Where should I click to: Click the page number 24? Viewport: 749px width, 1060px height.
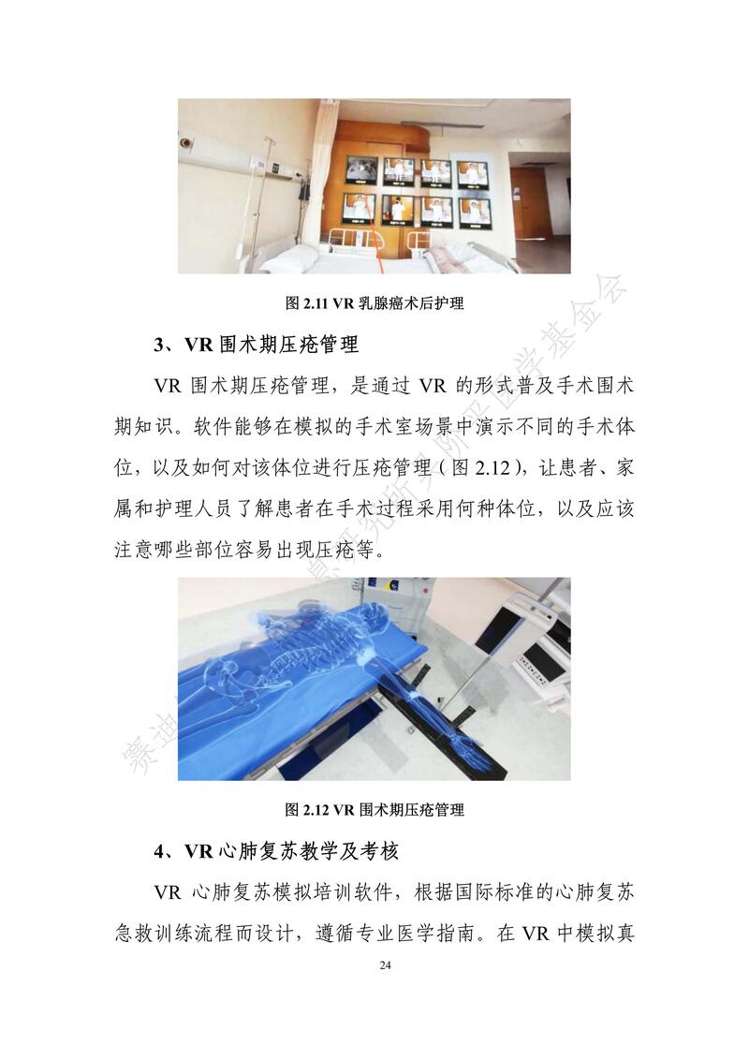click(x=385, y=964)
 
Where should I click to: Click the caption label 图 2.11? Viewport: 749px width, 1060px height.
click(x=308, y=302)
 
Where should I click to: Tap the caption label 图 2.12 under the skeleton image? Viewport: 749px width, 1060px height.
click(x=308, y=809)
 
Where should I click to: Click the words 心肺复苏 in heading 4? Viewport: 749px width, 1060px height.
click(x=258, y=851)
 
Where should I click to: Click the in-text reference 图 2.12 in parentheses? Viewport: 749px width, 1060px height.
click(x=480, y=467)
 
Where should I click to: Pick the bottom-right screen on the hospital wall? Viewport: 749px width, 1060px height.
click(x=476, y=212)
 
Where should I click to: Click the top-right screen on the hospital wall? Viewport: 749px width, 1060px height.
click(x=471, y=174)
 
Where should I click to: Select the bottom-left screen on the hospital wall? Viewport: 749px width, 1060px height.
click(x=359, y=208)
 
